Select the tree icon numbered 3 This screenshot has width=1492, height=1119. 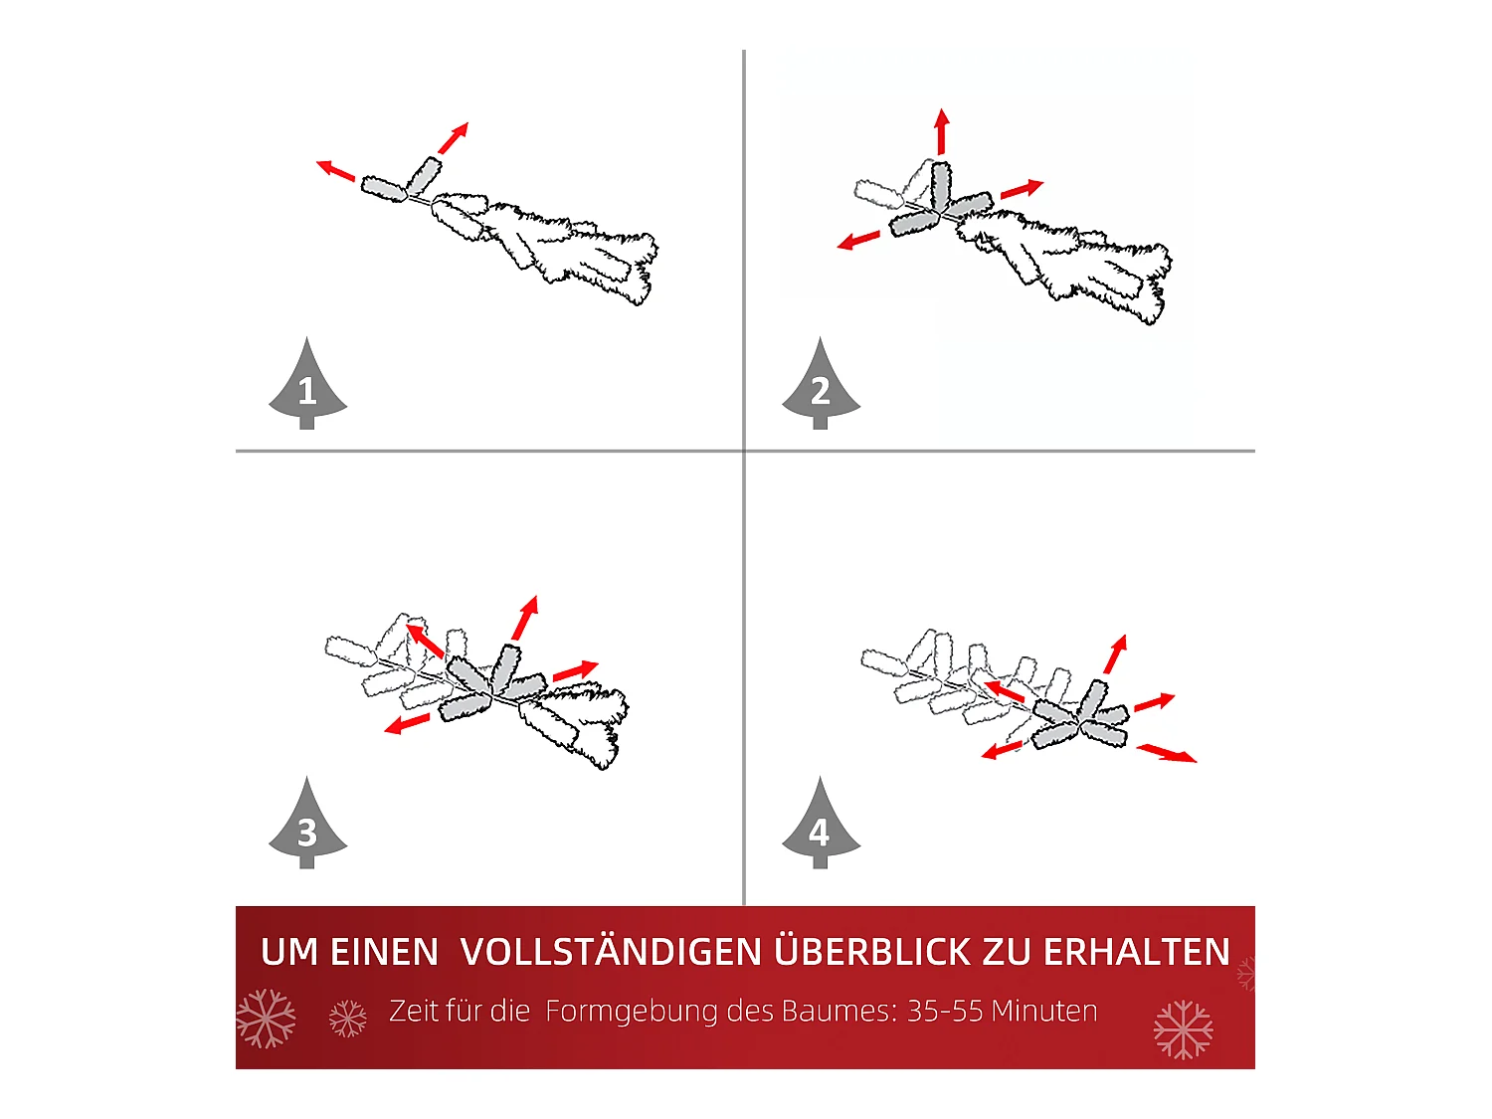click(307, 828)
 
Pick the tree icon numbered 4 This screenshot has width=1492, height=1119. click(821, 828)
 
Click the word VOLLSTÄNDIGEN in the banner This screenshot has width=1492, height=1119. click(612, 952)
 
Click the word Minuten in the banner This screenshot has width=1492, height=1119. click(1044, 1012)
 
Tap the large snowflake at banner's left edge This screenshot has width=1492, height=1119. click(266, 1019)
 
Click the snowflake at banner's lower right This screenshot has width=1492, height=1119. click(1183, 1029)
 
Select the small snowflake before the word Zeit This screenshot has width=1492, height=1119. click(348, 1019)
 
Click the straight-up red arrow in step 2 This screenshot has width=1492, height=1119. click(941, 131)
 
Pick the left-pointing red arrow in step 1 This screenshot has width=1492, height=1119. click(336, 171)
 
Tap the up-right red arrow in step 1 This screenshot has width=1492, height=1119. click(453, 138)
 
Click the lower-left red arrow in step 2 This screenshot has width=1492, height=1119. click(859, 240)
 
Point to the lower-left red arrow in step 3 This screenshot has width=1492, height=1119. click(408, 723)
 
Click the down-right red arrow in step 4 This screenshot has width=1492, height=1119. click(1167, 753)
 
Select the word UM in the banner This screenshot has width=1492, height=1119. click(289, 952)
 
